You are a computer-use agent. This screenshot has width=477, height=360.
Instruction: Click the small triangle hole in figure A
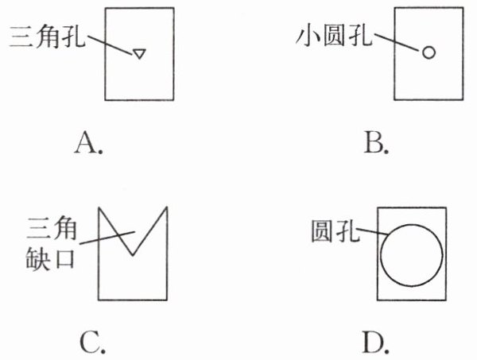[x=139, y=54]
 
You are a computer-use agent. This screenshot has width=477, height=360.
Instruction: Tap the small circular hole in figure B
[x=429, y=53]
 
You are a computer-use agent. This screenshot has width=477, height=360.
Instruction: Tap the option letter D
[x=374, y=343]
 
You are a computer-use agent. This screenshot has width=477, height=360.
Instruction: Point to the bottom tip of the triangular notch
[x=133, y=256]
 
